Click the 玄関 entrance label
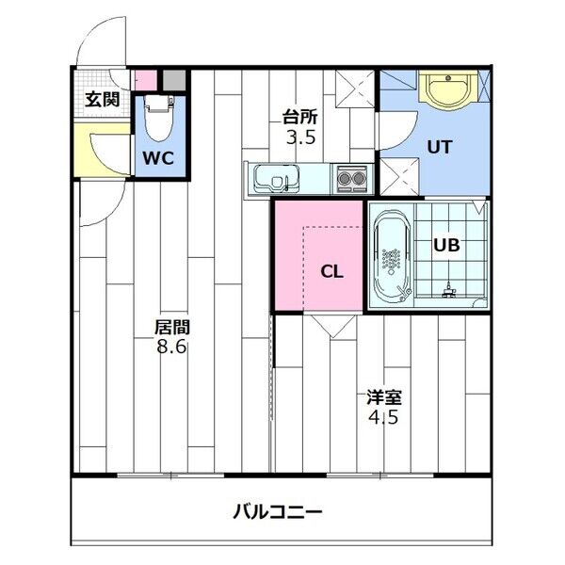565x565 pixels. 103,100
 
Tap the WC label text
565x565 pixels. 158,158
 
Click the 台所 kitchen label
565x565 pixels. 300,117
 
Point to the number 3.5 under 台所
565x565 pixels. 301,137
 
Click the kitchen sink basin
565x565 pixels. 276,179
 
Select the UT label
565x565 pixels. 440,147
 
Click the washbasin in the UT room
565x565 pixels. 448,89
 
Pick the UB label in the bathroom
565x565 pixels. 446,245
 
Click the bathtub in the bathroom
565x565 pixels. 392,255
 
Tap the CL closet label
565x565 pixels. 331,272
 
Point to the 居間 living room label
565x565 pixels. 172,327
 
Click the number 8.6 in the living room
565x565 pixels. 171,347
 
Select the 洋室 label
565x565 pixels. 384,397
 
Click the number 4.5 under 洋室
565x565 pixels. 383,417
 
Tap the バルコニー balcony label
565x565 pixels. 278,511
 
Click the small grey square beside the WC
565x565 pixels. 174,80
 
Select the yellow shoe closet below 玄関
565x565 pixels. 102,150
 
